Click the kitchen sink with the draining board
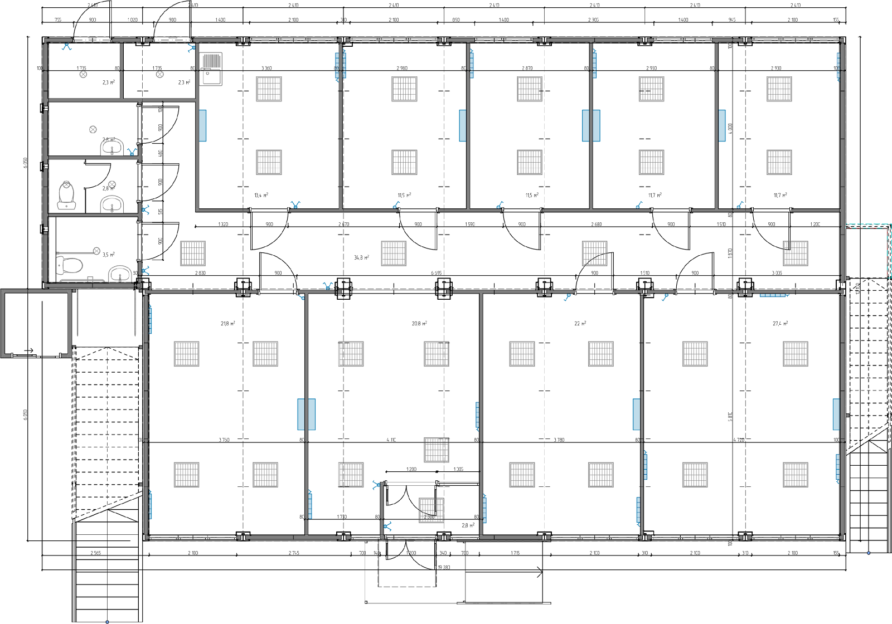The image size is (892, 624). (211, 69)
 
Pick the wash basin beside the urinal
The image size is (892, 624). (112, 204)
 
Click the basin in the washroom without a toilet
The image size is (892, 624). (112, 147)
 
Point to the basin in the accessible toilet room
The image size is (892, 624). (120, 274)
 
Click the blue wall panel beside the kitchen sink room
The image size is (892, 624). (203, 125)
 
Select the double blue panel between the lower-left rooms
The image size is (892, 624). (307, 414)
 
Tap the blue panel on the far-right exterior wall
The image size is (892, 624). (836, 414)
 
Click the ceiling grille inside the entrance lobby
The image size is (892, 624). (432, 510)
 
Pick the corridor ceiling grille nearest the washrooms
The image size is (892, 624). (193, 253)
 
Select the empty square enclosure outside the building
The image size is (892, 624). (36, 323)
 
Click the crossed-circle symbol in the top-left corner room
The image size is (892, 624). (83, 74)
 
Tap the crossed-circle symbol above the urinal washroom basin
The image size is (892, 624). (111, 184)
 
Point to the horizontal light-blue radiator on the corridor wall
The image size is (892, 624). (773, 295)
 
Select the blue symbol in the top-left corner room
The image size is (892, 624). (67, 47)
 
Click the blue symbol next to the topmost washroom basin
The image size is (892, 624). (132, 151)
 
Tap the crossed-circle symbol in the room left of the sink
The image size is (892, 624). (160, 74)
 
